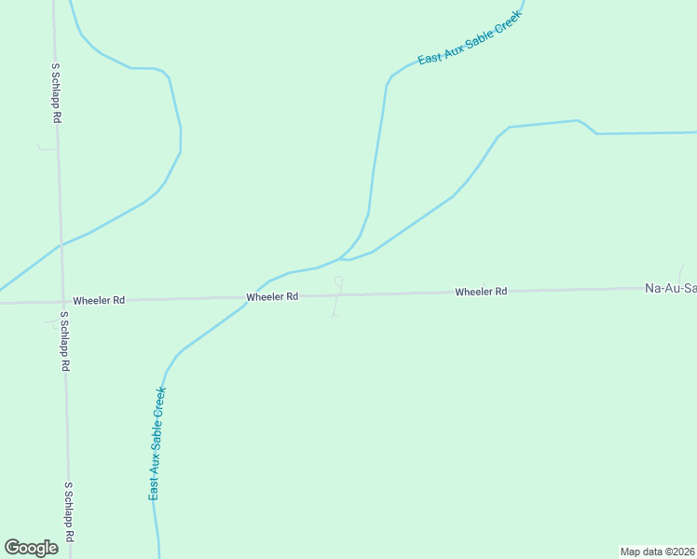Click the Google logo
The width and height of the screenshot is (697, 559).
coord(31,548)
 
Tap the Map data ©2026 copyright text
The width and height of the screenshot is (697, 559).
coord(658,552)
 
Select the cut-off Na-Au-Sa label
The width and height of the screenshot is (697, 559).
coord(670,289)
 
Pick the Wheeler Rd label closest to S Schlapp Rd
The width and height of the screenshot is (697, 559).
coord(99,300)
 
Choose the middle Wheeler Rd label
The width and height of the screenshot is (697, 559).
coord(272,296)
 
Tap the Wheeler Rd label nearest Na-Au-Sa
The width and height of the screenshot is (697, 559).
coord(481,292)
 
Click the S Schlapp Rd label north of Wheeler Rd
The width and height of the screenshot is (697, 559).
coord(56,94)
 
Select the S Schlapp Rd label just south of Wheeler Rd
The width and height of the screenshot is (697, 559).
coord(64,341)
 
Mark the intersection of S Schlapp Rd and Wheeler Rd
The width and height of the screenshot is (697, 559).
coord(61,301)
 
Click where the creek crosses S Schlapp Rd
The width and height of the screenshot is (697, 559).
coord(61,245)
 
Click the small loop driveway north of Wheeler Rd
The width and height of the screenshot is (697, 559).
coord(338,281)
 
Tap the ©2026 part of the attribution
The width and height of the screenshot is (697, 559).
coord(676,552)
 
